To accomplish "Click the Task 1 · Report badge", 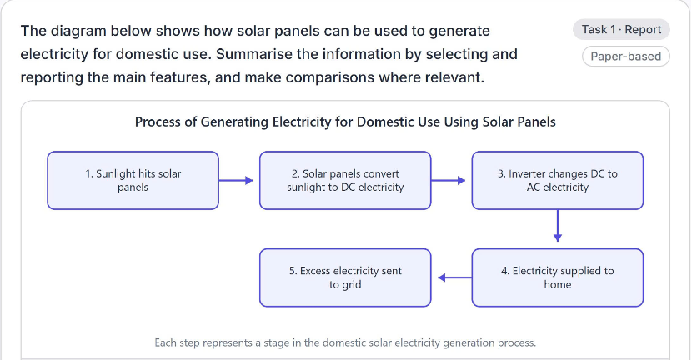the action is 621,29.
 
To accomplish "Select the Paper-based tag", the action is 626,57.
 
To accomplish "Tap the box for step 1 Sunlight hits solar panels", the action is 133,181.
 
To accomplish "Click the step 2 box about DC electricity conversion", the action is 345,181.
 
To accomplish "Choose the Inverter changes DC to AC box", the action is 558,181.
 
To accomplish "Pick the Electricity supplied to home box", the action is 558,277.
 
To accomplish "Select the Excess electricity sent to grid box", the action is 345,277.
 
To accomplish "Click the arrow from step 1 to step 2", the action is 236,180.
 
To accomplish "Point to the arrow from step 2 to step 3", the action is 448,180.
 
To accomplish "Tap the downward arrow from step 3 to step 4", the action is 558,226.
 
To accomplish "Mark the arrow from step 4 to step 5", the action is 454,277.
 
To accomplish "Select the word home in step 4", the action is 558,284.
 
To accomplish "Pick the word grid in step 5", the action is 351,285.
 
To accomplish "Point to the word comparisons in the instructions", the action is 350,77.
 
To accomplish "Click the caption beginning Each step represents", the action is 345,342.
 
